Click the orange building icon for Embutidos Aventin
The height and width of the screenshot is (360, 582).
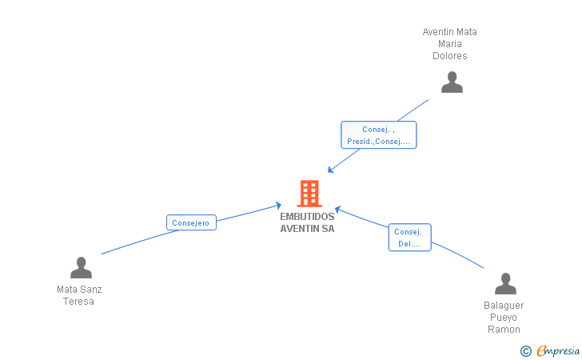pyautogui.click(x=309, y=194)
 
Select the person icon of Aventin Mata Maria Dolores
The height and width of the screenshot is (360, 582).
pyautogui.click(x=452, y=82)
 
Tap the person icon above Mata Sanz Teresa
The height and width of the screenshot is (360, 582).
pyautogui.click(x=81, y=267)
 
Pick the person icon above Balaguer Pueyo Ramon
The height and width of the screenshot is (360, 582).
pyautogui.click(x=505, y=284)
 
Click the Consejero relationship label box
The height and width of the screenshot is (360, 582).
pyautogui.click(x=191, y=223)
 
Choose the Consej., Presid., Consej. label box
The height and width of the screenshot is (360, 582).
pyautogui.click(x=378, y=135)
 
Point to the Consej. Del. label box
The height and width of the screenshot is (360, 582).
pyautogui.click(x=409, y=238)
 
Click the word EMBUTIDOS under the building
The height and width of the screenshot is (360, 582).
pyautogui.click(x=307, y=217)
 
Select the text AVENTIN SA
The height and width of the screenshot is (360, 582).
pyautogui.click(x=307, y=229)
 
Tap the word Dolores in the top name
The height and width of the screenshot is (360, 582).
pyautogui.click(x=449, y=56)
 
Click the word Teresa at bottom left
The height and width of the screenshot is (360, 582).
pyautogui.click(x=79, y=302)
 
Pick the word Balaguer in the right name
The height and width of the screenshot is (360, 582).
pyautogui.click(x=504, y=306)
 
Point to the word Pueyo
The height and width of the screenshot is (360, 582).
pyautogui.click(x=504, y=318)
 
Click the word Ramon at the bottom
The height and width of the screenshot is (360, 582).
pyautogui.click(x=504, y=330)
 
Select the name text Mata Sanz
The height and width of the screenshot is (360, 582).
pyautogui.click(x=79, y=290)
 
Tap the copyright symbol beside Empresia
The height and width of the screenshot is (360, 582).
pyautogui.click(x=526, y=350)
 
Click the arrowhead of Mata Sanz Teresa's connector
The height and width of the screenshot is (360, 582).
pyautogui.click(x=278, y=206)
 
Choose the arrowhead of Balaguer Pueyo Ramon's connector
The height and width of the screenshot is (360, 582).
pyautogui.click(x=337, y=209)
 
